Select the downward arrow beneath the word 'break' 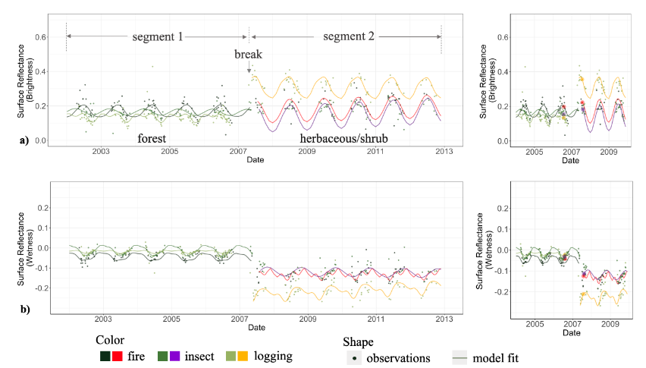[x=249, y=69]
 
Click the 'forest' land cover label [x=158, y=139]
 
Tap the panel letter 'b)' [x=26, y=310]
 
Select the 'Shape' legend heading [x=358, y=341]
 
